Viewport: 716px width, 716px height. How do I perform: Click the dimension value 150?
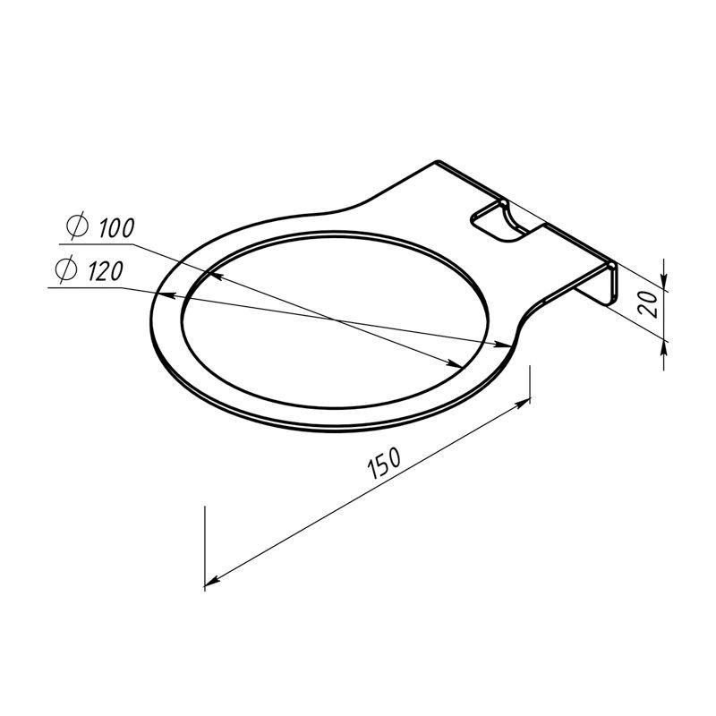point(384,463)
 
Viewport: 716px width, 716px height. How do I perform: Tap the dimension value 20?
point(648,303)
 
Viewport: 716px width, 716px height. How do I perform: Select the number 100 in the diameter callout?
point(117,228)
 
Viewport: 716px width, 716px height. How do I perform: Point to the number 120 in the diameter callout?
point(106,271)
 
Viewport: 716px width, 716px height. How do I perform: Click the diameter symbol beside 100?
point(77,226)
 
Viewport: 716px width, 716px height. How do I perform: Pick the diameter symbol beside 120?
point(65,269)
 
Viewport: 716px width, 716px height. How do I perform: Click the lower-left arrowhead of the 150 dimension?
point(212,580)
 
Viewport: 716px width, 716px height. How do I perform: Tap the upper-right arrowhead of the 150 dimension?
point(523,404)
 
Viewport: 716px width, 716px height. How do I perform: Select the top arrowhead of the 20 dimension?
point(664,280)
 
